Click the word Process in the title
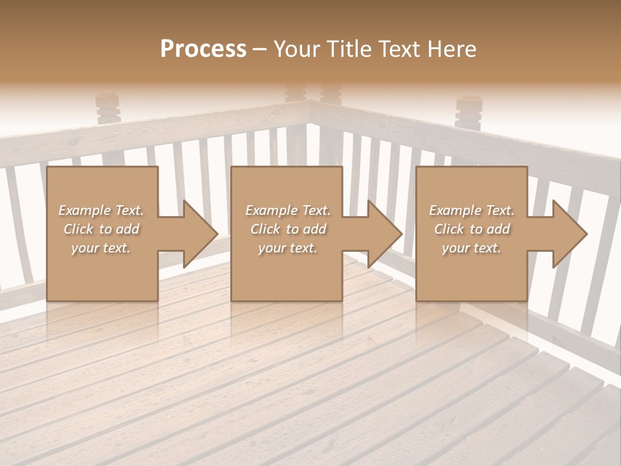point(203,49)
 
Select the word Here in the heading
point(452,49)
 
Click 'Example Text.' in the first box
point(101,210)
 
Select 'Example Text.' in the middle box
point(288,210)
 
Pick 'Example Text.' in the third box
point(472,210)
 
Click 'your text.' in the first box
point(101,248)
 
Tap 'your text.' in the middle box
point(288,248)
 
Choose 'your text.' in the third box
point(472,248)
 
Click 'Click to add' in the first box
point(101,229)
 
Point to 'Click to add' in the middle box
point(288,229)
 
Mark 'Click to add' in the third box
point(472,229)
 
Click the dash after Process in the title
point(260,49)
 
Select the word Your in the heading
point(296,49)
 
